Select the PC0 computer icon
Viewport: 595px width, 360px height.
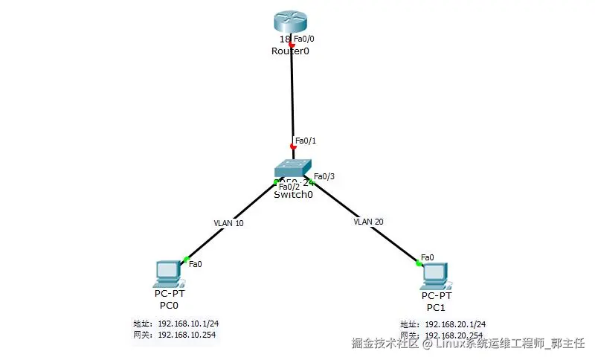tap(167, 274)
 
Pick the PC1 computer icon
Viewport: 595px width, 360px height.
tap(434, 275)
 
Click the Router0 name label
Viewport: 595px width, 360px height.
tap(289, 51)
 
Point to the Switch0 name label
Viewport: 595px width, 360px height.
tap(293, 195)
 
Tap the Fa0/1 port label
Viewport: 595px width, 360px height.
tap(306, 140)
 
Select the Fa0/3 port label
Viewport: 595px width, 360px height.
tap(324, 176)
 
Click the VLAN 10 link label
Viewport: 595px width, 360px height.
tap(228, 222)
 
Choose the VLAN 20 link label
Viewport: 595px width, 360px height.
tap(368, 222)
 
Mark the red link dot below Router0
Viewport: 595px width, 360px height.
tap(292, 45)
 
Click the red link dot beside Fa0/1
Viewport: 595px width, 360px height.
tap(293, 147)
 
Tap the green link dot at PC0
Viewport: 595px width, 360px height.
tap(185, 260)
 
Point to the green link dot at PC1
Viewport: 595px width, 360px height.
tap(419, 261)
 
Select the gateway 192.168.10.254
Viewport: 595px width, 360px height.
tap(187, 335)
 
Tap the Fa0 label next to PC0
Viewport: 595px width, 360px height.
tap(196, 263)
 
